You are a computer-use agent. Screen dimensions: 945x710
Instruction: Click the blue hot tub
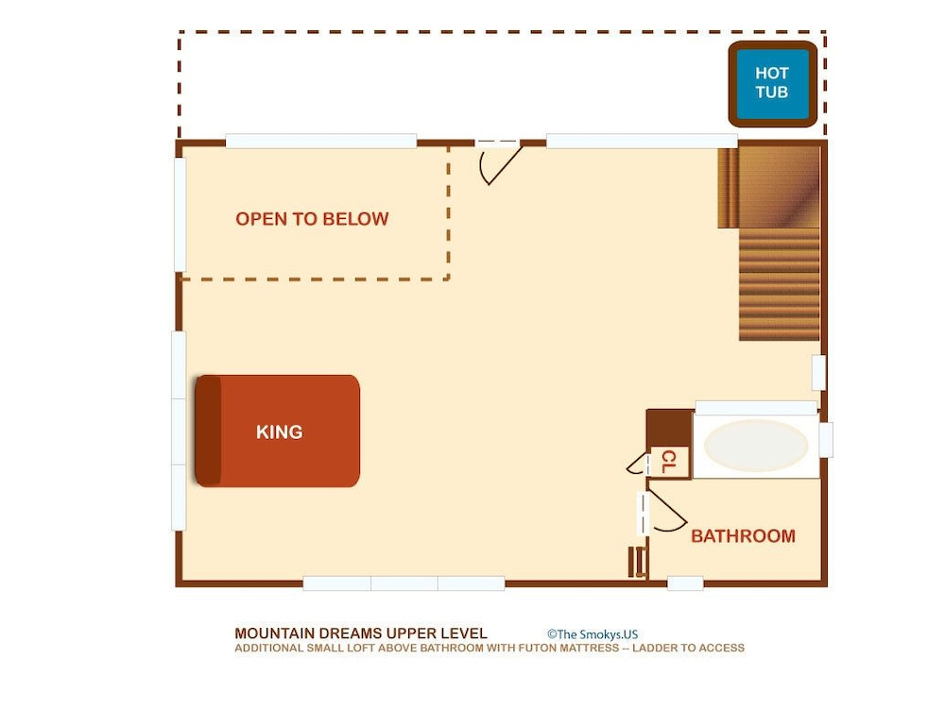[x=772, y=84]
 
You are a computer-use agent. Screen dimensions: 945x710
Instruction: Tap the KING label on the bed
[x=279, y=431]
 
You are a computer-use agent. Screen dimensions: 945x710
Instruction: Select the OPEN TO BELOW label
[x=312, y=219]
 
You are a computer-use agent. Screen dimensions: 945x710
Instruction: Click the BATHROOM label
[x=743, y=536]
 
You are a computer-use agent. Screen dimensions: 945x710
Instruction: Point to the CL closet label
[x=669, y=462]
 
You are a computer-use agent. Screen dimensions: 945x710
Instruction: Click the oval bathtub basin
[x=756, y=446]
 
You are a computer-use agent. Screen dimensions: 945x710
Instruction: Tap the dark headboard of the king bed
[x=208, y=431]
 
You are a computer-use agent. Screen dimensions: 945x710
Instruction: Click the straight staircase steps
[x=780, y=284]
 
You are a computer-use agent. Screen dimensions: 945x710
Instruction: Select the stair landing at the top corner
[x=769, y=187]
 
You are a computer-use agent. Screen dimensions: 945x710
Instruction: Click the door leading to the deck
[x=499, y=161]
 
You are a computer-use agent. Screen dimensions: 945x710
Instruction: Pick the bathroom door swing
[x=663, y=512]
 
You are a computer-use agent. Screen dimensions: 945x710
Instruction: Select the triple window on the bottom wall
[x=404, y=583]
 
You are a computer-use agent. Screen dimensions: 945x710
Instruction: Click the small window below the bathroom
[x=685, y=583]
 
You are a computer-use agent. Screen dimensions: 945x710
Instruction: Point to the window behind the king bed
[x=179, y=431]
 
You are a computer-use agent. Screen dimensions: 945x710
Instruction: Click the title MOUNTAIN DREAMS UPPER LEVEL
[x=360, y=634]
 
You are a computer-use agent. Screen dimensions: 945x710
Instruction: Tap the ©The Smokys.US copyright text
[x=593, y=634]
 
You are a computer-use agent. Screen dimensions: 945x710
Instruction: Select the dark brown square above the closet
[x=670, y=428]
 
